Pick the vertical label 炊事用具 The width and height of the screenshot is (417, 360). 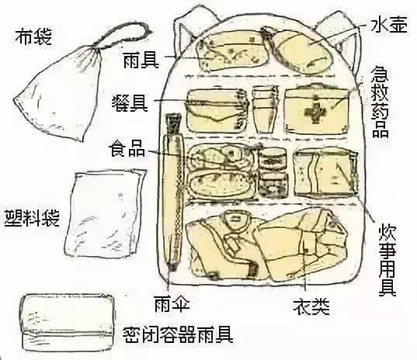pyautogui.click(x=387, y=249)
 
